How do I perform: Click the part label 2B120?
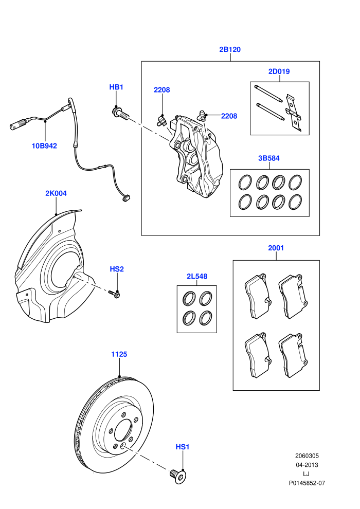coord(230,49)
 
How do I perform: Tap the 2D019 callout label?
coord(279,71)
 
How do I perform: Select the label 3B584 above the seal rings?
coord(269,158)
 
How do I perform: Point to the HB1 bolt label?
coord(116,87)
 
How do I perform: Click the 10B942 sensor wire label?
coord(44,146)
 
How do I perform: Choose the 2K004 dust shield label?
coord(56,193)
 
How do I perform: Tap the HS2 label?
coord(117,269)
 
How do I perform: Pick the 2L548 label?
coord(197,276)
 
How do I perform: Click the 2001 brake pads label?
coord(276,248)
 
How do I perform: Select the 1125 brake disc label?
coord(119,354)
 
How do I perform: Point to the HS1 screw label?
coord(183,447)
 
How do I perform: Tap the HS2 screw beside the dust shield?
coord(114,294)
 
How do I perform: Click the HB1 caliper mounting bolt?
coord(120,113)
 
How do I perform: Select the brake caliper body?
coord(196,156)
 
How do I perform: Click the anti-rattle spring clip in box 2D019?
coord(294,113)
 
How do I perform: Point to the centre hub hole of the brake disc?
coord(123,431)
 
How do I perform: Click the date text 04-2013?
coord(307,465)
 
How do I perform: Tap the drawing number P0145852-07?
coord(307,483)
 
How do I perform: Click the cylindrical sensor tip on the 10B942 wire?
coord(17,124)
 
